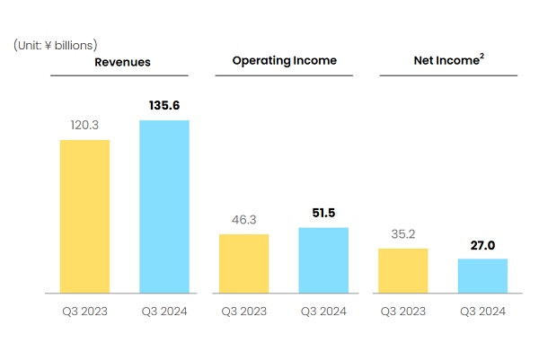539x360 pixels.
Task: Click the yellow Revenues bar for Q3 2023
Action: click(x=85, y=216)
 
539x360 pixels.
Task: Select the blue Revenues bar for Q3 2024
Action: click(x=164, y=206)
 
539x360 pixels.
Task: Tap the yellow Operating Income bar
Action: click(x=244, y=264)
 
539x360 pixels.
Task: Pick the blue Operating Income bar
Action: click(x=323, y=260)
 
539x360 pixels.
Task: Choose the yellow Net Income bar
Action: click(x=403, y=271)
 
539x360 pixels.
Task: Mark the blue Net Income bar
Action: click(x=482, y=276)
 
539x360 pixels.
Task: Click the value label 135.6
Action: click(x=164, y=105)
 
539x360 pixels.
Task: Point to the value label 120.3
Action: click(x=84, y=125)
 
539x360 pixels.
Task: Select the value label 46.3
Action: click(x=244, y=220)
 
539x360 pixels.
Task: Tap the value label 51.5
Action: click(x=323, y=213)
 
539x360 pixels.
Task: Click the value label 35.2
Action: click(x=403, y=234)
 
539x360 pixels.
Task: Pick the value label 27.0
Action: click(x=482, y=245)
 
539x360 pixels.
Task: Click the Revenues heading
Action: click(x=122, y=62)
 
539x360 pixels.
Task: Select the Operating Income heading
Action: click(x=285, y=61)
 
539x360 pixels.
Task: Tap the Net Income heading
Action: click(x=446, y=60)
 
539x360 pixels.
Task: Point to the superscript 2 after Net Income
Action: click(x=482, y=56)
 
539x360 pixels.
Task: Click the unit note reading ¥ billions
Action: click(x=69, y=46)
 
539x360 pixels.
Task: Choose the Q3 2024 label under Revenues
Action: click(x=164, y=312)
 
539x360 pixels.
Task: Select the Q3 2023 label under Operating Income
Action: click(x=244, y=312)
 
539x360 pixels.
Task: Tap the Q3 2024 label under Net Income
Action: click(x=482, y=312)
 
